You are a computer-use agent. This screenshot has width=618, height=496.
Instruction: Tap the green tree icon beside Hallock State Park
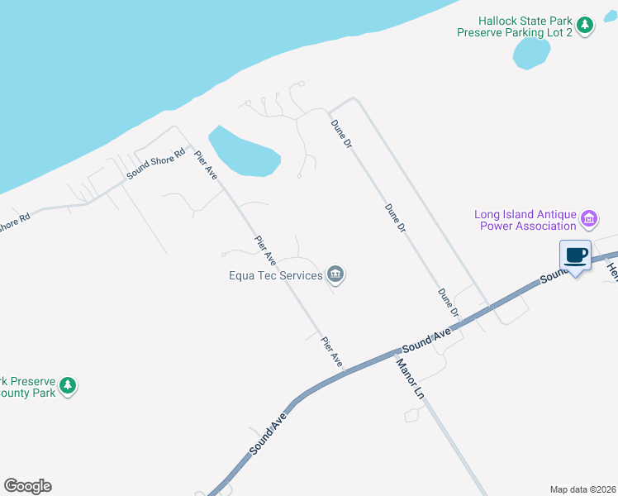coord(586,26)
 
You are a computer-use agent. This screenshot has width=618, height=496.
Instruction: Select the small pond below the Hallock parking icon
coord(530,53)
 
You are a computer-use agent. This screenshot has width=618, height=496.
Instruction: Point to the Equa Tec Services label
coord(275,275)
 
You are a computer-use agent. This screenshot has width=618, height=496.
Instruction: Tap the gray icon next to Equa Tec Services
coord(335,274)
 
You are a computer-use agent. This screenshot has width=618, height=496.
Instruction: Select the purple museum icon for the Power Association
coord(590,219)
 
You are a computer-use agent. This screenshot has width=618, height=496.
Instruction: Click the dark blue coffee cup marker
coord(576,256)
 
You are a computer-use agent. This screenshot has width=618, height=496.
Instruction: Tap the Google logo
coord(27,486)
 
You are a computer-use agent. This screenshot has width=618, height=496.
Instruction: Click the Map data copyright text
coord(582,489)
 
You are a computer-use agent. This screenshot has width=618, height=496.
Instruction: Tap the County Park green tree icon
coord(68,386)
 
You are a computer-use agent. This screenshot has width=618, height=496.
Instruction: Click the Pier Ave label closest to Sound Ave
coord(331,351)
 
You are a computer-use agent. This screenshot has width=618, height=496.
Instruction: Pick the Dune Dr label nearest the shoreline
coord(341,133)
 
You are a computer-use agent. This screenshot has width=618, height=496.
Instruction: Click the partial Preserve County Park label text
coord(28,387)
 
